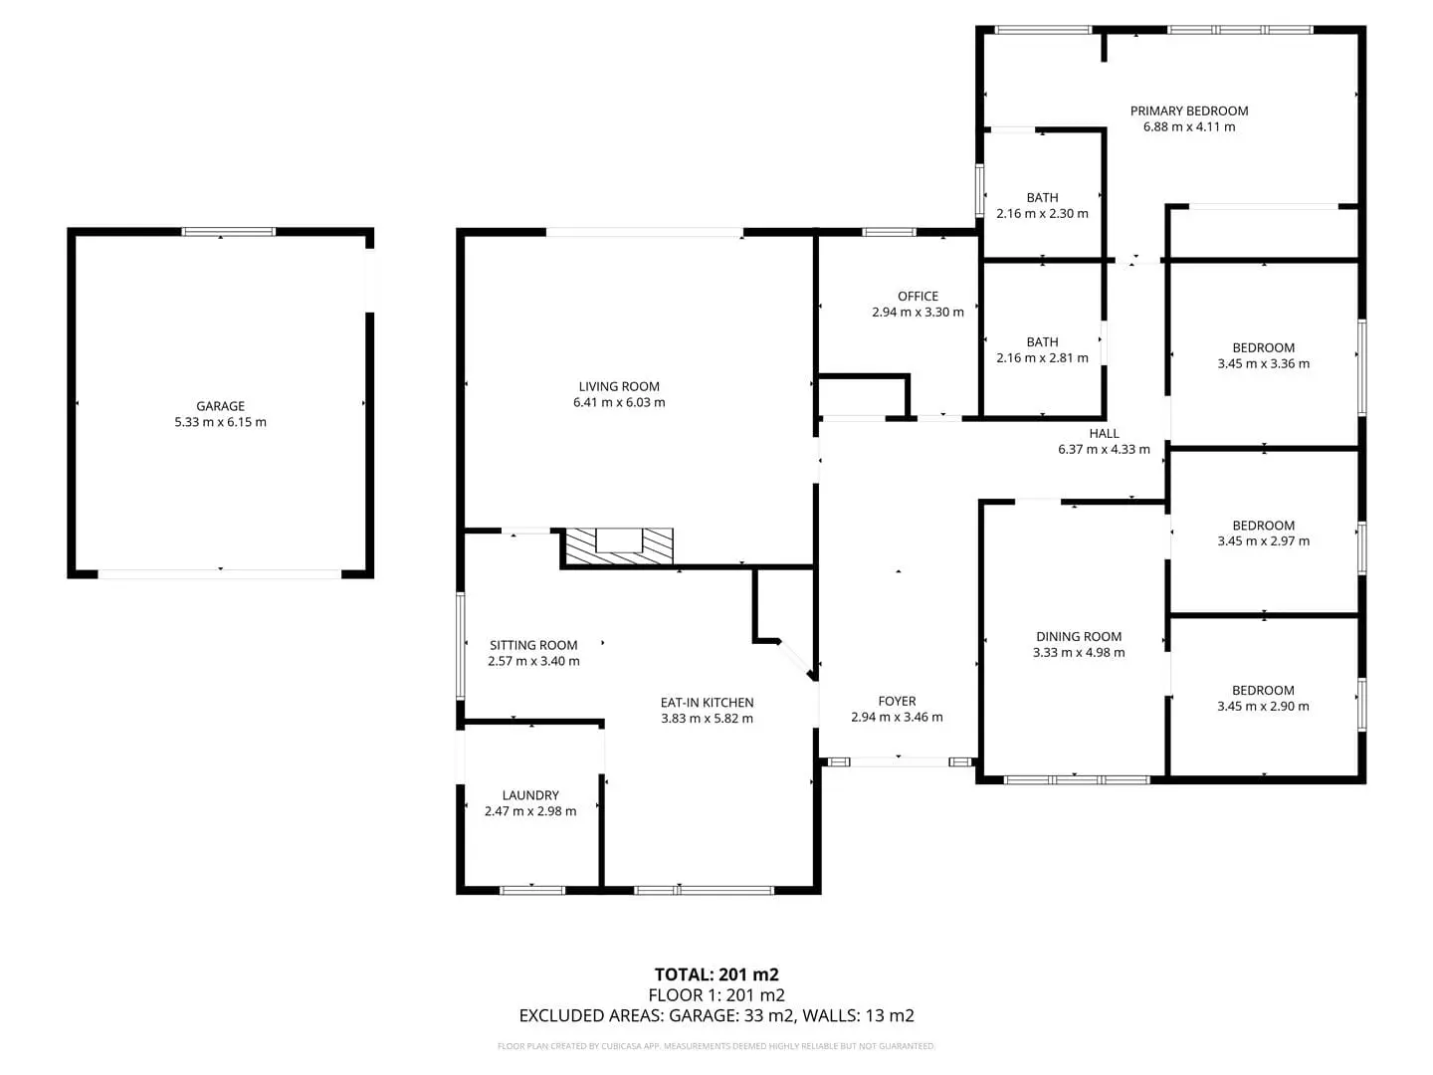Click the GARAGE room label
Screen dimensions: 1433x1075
(x=220, y=406)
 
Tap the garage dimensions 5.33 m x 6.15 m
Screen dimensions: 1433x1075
(x=220, y=422)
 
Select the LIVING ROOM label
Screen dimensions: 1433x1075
(x=619, y=386)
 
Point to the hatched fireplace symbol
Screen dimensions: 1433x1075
(x=618, y=546)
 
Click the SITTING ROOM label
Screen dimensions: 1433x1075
(x=533, y=645)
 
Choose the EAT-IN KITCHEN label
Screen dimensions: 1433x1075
(x=707, y=703)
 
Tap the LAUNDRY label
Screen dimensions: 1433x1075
(x=530, y=795)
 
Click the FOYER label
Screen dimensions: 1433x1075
(x=897, y=701)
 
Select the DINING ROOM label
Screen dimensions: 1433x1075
(x=1079, y=636)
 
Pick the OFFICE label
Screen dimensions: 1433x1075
(x=918, y=297)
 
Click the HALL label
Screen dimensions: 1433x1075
(x=1104, y=433)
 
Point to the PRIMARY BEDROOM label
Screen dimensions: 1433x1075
(x=1189, y=110)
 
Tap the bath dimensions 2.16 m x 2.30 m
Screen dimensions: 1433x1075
(x=1042, y=213)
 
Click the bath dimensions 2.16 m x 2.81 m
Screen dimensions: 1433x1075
(x=1042, y=358)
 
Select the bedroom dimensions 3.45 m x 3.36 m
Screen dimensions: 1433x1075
(x=1263, y=364)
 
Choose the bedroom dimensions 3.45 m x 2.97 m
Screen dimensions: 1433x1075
(x=1263, y=541)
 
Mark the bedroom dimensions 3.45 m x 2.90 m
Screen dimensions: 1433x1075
(x=1263, y=707)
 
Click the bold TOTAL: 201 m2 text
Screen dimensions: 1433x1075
(x=716, y=974)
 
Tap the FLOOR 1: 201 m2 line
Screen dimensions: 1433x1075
(x=716, y=995)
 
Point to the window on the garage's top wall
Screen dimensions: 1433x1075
(x=228, y=232)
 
